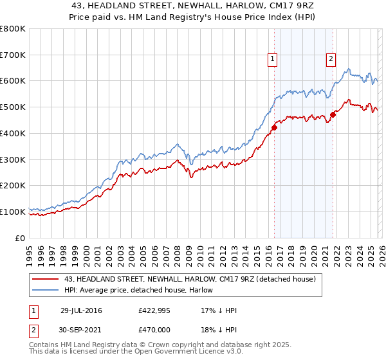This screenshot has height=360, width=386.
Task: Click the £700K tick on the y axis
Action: pos(13,55)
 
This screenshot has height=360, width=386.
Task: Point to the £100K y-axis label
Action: pos(13,212)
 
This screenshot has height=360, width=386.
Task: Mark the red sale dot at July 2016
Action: pos(274,127)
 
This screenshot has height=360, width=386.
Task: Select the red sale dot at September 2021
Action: pos(333,115)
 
